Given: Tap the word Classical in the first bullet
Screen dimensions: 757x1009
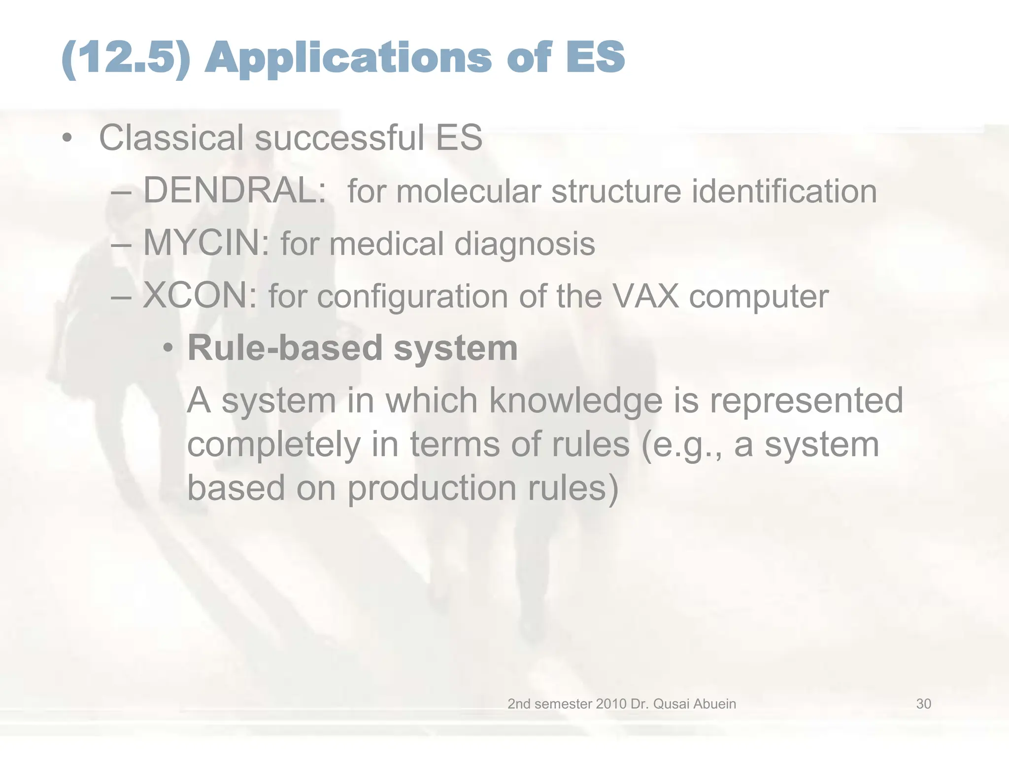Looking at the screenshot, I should pyautogui.click(x=171, y=138).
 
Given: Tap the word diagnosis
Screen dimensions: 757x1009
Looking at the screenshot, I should pyautogui.click(x=524, y=245).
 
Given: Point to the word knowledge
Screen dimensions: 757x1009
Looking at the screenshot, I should pyautogui.click(x=575, y=401).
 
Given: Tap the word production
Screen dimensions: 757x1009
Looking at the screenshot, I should pyautogui.click(x=432, y=489).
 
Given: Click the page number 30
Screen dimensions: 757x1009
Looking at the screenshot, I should pyautogui.click(x=923, y=704).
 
